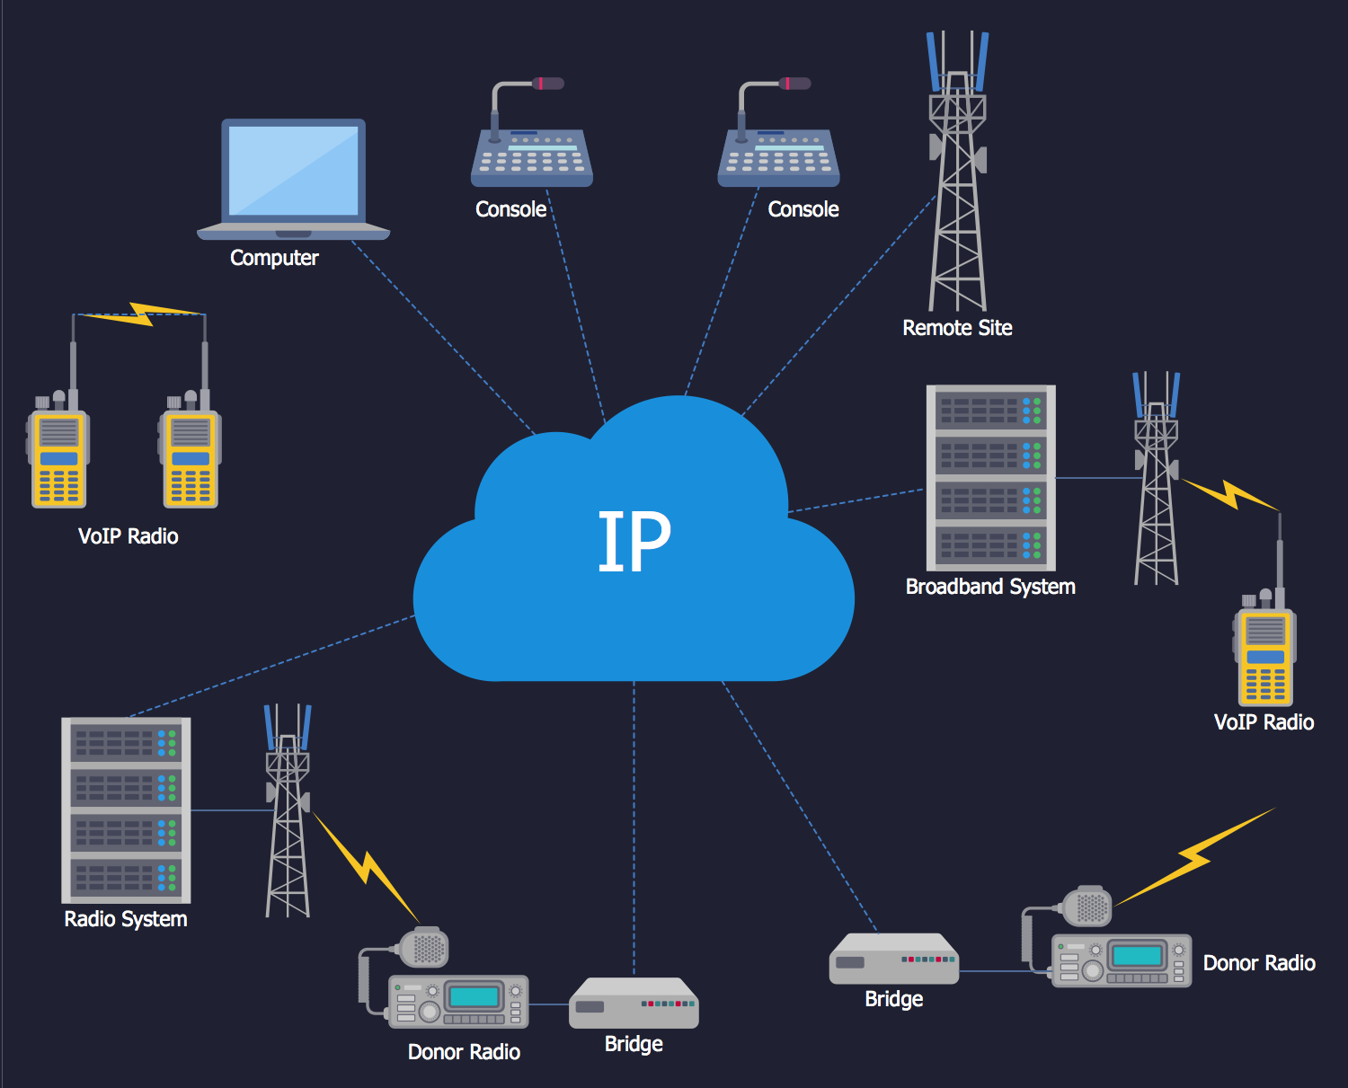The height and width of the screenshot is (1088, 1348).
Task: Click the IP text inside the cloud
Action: (x=634, y=541)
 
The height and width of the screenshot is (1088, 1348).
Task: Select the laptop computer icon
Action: (x=293, y=178)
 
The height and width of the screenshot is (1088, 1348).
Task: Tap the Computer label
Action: (x=274, y=258)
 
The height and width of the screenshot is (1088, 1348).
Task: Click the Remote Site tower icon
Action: (x=958, y=180)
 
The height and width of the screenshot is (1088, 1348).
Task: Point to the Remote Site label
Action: (x=957, y=328)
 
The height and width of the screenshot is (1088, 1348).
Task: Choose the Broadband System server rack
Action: (x=990, y=478)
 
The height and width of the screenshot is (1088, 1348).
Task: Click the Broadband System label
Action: (x=990, y=587)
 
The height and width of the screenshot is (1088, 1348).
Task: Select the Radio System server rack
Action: (x=126, y=809)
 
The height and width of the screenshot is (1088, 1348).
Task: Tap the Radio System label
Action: (x=126, y=919)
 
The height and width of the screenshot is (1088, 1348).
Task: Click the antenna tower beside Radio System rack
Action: (x=288, y=813)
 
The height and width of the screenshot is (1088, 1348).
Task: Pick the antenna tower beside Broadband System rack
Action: (x=1157, y=481)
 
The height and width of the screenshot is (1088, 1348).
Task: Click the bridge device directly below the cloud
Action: (x=634, y=1004)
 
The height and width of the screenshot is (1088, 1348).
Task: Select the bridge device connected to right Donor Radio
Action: (x=893, y=959)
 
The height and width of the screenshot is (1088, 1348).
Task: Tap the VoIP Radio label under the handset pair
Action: (x=129, y=536)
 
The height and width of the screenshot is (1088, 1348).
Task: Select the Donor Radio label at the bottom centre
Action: (x=464, y=1052)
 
